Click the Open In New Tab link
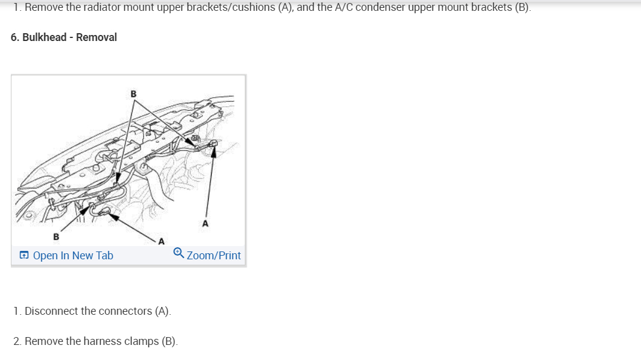(73, 256)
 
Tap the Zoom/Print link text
(213, 256)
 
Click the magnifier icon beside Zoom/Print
(178, 253)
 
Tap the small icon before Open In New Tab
(24, 256)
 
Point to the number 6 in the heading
(14, 37)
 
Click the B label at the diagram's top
(133, 93)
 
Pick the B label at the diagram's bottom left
(56, 236)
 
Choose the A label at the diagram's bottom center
(160, 242)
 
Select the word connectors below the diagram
(124, 311)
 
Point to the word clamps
(141, 341)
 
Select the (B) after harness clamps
(169, 341)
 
